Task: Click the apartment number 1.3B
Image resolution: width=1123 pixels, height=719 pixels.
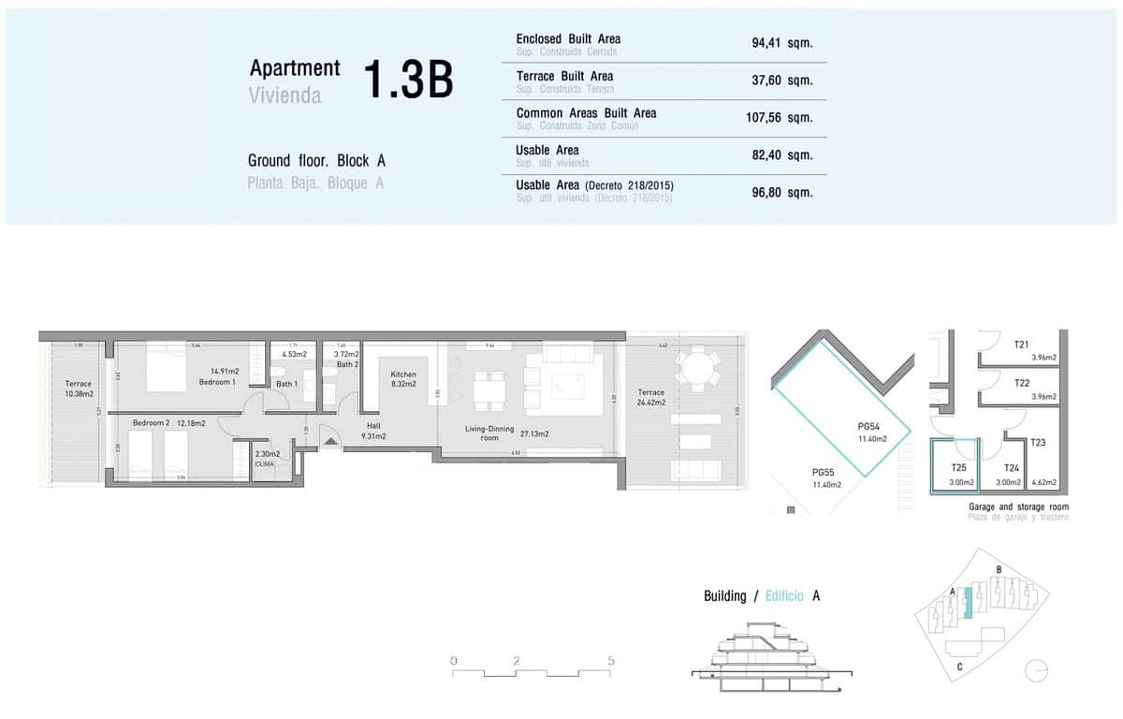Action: coord(407,81)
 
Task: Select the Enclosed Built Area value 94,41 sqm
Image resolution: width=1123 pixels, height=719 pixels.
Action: coord(781,43)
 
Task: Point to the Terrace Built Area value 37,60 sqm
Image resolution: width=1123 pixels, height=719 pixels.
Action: coord(781,81)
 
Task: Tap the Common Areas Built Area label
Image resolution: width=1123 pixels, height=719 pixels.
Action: coord(586,113)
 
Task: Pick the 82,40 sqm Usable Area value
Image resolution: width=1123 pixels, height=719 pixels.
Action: coord(781,155)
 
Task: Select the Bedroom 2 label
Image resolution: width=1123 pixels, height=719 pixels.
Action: coord(151,423)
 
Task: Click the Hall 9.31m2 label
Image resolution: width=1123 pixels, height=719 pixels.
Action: coord(373,430)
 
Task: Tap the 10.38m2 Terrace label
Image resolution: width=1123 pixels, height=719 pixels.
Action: coord(79,389)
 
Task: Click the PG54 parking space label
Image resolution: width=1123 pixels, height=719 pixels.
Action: coord(869,432)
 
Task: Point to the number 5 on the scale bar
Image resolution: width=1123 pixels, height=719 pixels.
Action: coord(611,661)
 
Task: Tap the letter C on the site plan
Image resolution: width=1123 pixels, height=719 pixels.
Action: coord(960,667)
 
